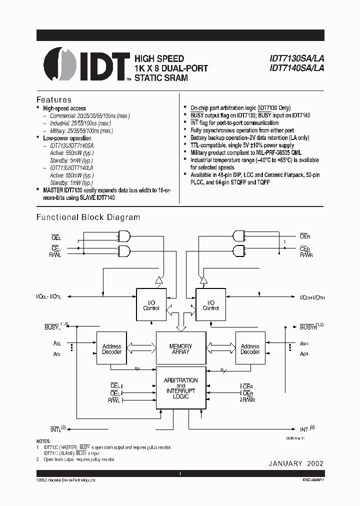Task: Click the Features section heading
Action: (54, 99)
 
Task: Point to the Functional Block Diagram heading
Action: (88, 217)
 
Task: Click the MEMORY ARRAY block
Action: (180, 349)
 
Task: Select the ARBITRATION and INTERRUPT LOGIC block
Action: (180, 388)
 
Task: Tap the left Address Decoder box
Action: (111, 349)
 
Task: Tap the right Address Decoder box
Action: (250, 349)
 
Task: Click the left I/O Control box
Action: (151, 305)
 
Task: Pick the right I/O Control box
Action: (210, 305)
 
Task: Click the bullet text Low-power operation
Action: (67, 138)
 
